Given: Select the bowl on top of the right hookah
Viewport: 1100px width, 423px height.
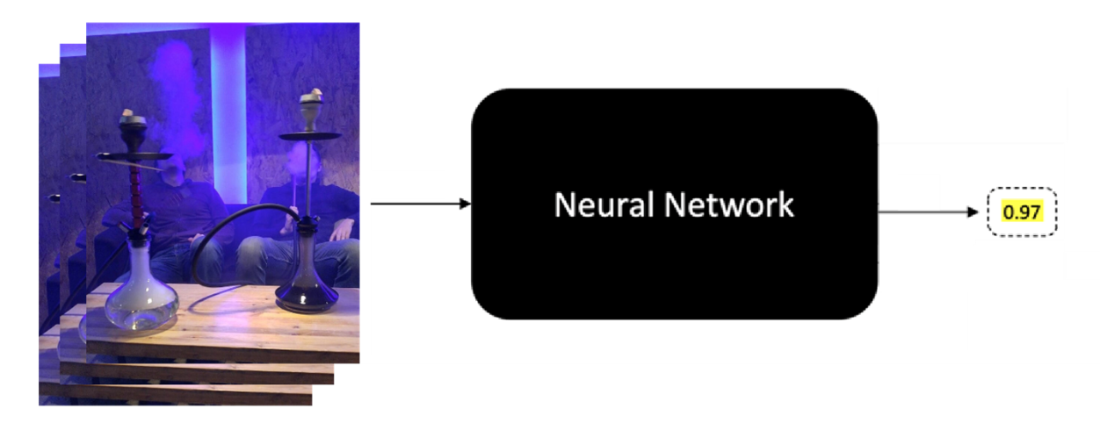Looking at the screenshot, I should point(310,110).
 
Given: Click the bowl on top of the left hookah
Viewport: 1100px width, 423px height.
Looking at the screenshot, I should point(133,124).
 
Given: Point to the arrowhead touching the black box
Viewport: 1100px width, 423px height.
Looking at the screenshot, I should point(466,204).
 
